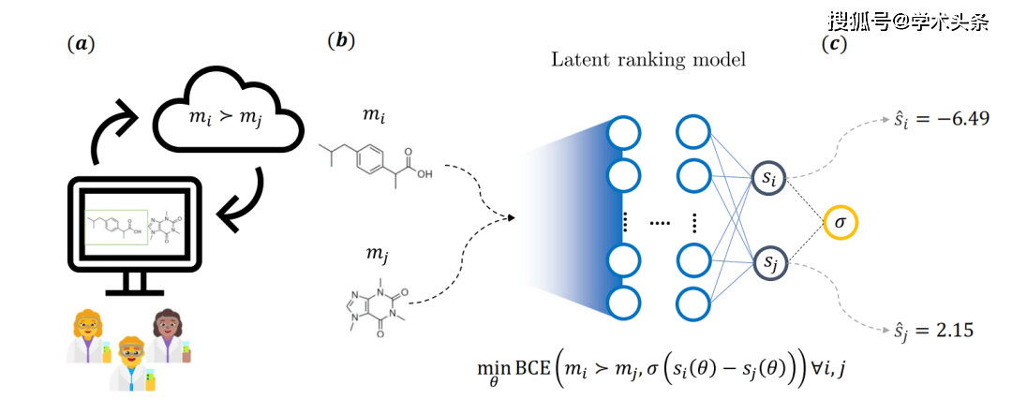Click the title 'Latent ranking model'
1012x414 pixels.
(x=647, y=60)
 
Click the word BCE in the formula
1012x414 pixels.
(x=533, y=372)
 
